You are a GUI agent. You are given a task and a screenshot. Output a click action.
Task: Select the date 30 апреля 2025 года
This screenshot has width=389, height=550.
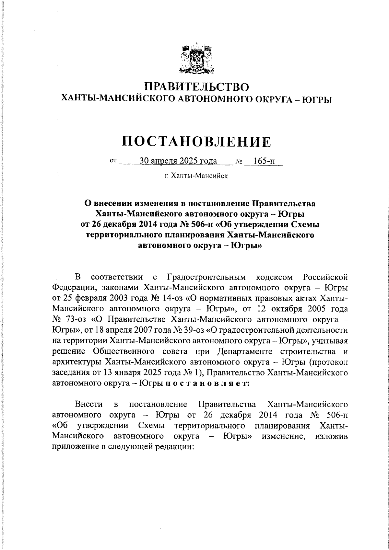(x=178, y=161)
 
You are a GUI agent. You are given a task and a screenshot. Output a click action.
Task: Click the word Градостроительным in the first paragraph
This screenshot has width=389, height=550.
(x=207, y=277)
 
